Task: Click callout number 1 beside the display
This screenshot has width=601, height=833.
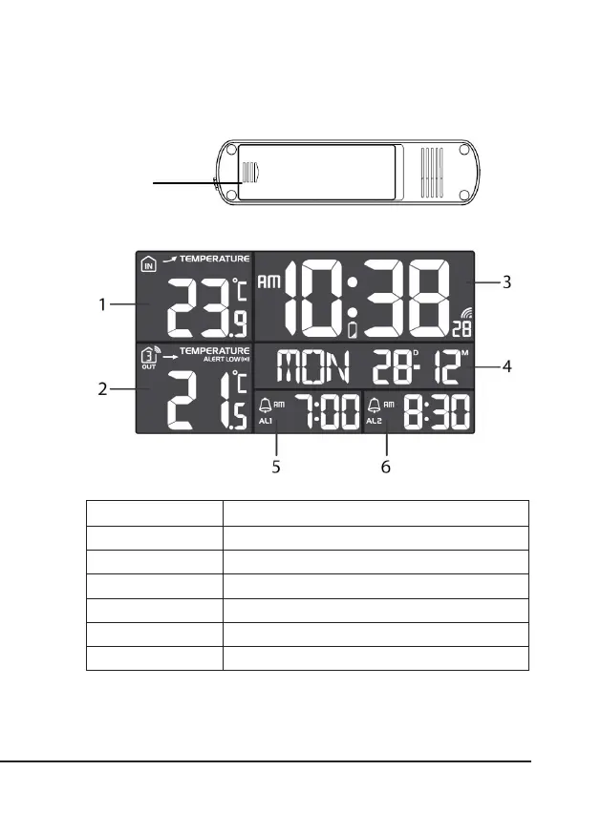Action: [102, 304]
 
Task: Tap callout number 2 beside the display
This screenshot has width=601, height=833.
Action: [102, 388]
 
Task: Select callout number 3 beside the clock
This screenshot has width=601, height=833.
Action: [507, 281]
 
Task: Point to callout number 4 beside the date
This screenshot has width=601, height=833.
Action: [507, 365]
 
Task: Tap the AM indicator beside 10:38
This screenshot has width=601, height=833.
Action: [271, 283]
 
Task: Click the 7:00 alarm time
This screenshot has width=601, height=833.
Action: [326, 413]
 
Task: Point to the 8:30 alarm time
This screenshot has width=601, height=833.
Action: [437, 413]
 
